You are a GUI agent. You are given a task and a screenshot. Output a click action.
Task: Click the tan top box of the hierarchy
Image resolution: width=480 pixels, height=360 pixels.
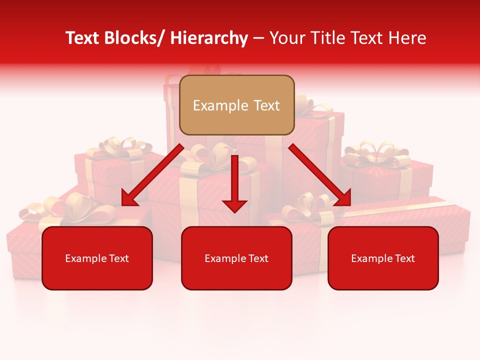click(x=236, y=105)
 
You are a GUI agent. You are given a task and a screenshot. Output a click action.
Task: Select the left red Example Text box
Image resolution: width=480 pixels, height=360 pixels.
click(x=97, y=258)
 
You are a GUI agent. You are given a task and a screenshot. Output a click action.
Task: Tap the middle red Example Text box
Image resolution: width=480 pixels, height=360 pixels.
click(x=236, y=258)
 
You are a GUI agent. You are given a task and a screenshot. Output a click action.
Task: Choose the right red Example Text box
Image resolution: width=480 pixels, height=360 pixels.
click(x=383, y=258)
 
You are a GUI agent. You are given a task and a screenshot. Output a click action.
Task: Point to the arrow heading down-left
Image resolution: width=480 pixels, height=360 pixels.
click(x=152, y=175)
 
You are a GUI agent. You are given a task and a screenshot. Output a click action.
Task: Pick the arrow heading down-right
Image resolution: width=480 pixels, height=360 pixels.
click(x=320, y=175)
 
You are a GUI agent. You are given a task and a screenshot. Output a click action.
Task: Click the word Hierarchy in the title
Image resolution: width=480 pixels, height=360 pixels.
click(x=209, y=38)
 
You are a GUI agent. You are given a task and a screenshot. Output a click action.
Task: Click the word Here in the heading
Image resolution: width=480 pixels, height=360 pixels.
click(x=407, y=38)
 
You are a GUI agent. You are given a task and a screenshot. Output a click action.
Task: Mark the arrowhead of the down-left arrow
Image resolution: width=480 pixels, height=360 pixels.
click(x=129, y=198)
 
